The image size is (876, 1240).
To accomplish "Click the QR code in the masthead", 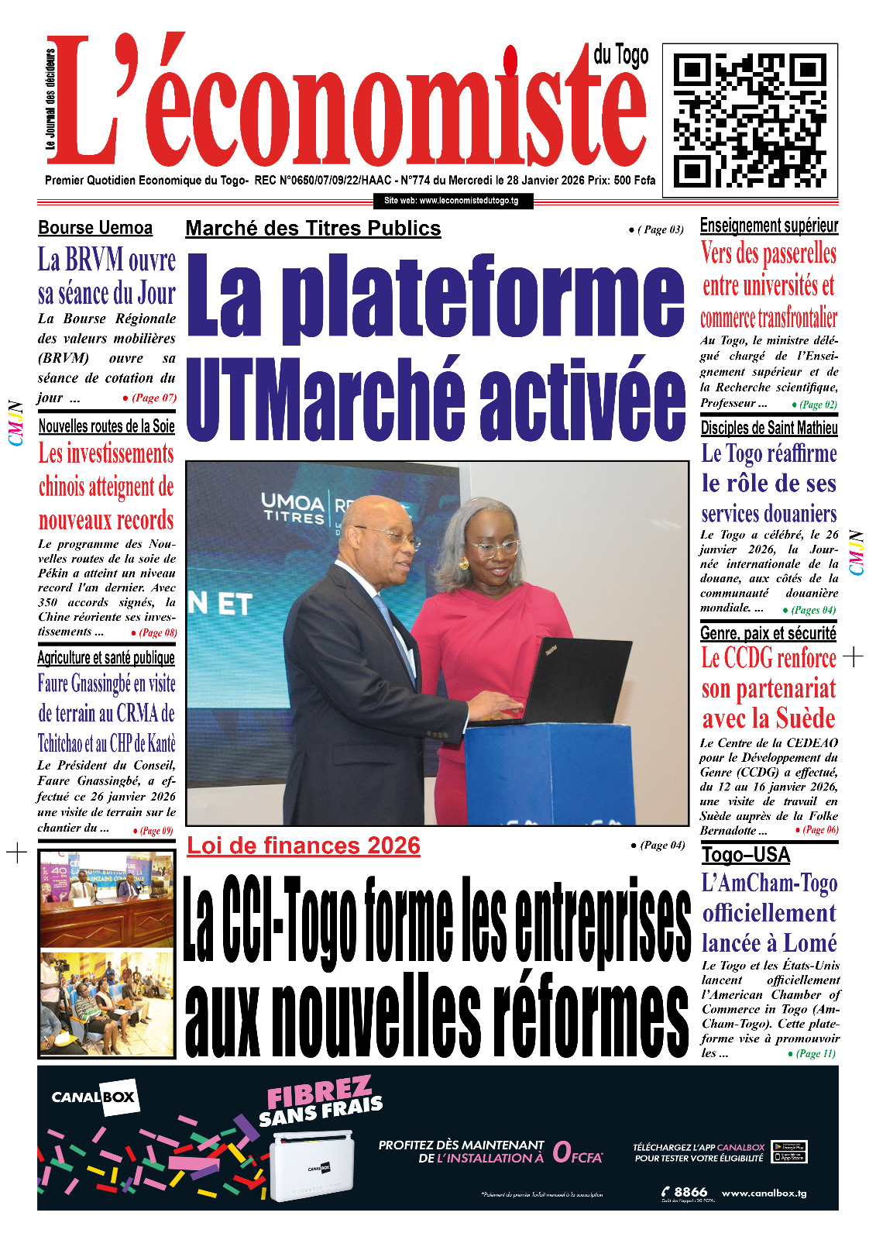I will [x=750, y=120].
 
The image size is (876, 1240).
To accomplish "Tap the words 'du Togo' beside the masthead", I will [x=620, y=55].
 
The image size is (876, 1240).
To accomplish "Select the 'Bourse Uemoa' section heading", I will [x=95, y=228].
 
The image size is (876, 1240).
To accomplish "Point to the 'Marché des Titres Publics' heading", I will [x=313, y=229].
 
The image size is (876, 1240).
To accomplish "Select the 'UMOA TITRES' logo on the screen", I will [x=294, y=508].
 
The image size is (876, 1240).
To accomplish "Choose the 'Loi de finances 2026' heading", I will [x=304, y=846].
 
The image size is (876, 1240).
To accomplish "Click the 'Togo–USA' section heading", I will [x=746, y=855].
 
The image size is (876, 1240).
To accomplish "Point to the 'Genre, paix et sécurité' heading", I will [x=768, y=633].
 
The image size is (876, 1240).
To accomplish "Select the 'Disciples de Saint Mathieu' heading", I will [x=769, y=428].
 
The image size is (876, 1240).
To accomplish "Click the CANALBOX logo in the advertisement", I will [x=94, y=1097].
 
